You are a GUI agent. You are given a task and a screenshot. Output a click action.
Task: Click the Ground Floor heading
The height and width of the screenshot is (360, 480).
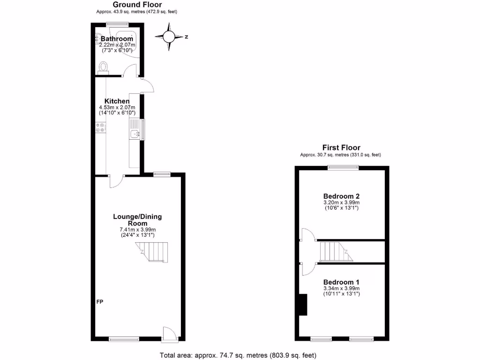click(137, 5)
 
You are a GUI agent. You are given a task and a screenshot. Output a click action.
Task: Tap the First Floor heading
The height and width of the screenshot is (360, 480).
click(341, 148)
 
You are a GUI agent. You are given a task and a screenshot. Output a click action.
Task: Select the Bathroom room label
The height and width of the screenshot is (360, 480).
click(117, 38)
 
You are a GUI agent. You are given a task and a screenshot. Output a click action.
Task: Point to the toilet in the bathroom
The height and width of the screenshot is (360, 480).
click(104, 67)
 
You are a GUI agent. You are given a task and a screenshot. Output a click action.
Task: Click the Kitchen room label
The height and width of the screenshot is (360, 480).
click(117, 101)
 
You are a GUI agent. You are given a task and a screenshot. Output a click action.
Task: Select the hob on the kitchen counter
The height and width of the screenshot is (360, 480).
click(101, 127)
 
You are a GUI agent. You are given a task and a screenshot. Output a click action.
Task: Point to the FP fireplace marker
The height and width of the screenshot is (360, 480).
click(100, 301)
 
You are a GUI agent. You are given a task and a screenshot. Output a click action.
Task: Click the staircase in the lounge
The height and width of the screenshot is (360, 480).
click(152, 252)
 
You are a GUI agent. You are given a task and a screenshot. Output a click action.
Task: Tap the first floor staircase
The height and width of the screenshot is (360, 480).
click(336, 252)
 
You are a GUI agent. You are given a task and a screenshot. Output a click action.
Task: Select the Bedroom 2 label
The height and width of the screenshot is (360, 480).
click(341, 196)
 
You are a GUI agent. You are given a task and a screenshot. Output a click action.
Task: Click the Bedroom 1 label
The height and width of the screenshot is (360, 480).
click(341, 282)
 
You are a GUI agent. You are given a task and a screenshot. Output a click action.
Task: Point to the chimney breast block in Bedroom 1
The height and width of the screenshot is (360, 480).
click(302, 305)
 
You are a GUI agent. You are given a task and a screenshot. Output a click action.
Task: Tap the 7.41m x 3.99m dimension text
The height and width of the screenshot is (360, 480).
click(137, 230)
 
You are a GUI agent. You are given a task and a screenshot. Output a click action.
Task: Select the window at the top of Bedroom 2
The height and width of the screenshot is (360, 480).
click(343, 167)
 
